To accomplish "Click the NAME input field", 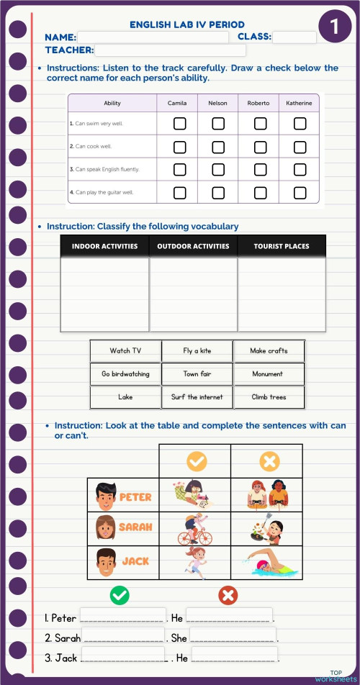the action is click(x=153, y=37).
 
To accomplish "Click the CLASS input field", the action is click(x=294, y=37).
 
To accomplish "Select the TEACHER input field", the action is click(x=170, y=50).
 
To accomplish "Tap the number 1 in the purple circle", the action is click(x=335, y=27).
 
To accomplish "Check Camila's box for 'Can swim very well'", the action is click(x=180, y=124).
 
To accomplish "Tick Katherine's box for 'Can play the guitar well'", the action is click(x=300, y=192).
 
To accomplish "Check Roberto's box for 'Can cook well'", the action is click(x=260, y=147).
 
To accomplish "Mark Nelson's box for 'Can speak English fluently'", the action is click(x=218, y=170).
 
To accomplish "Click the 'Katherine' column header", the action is click(x=299, y=103).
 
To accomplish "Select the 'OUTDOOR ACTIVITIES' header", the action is click(x=193, y=246).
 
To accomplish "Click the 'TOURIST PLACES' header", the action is click(x=282, y=246).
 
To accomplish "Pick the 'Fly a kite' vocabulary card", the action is click(x=197, y=351).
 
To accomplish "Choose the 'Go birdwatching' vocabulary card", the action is click(x=125, y=374).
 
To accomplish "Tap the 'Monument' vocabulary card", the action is click(x=268, y=374).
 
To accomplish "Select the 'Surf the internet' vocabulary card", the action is click(x=197, y=397).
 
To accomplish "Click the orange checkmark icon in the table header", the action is click(x=195, y=461).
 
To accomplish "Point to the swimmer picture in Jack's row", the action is click(x=269, y=563).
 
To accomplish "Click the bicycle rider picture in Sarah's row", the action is click(x=195, y=530).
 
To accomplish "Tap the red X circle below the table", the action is click(x=228, y=595).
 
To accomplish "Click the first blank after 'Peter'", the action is click(x=122, y=617).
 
